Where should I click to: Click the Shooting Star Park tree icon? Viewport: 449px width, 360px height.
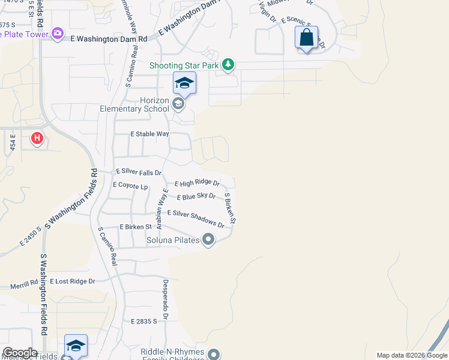click(x=228, y=64)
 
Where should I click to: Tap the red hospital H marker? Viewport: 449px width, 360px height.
click(x=37, y=139)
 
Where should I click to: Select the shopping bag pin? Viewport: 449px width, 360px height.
click(x=306, y=38)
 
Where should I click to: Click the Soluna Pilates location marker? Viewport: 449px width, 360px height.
click(x=208, y=240)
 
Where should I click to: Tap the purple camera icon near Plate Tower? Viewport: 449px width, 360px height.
click(x=58, y=34)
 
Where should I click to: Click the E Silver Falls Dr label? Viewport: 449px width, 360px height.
click(x=139, y=172)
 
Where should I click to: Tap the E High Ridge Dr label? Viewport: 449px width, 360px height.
click(x=197, y=183)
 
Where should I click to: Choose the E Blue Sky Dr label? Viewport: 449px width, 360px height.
click(x=196, y=196)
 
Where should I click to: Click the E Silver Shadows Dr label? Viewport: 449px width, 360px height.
click(x=195, y=218)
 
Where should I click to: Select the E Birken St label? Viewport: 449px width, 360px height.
click(x=135, y=227)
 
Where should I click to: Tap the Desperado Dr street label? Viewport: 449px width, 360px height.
click(x=165, y=299)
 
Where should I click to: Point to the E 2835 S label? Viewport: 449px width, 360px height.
click(x=143, y=322)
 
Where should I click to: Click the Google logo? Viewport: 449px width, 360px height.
click(x=20, y=353)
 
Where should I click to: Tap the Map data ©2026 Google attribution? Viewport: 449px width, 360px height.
click(x=412, y=355)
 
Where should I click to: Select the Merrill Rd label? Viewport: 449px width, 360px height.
click(x=24, y=285)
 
